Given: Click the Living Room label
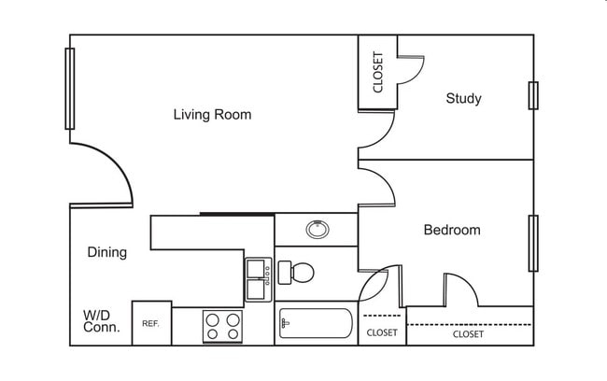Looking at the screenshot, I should (x=212, y=115).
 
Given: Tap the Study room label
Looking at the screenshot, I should (x=463, y=98).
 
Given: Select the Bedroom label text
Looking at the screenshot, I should (x=452, y=230).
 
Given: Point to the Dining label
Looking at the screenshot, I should (x=106, y=252).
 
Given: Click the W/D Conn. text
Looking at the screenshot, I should (x=101, y=321).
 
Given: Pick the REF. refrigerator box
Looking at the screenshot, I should (x=150, y=323).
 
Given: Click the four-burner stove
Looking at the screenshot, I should (x=223, y=326).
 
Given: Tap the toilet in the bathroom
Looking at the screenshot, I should (x=296, y=273).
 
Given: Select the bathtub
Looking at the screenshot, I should (x=315, y=326).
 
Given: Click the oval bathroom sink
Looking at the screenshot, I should (x=317, y=228).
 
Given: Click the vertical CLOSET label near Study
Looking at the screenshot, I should (x=378, y=72).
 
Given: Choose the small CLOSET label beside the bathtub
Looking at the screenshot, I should (x=381, y=332).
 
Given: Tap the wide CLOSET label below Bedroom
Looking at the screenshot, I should (x=468, y=333).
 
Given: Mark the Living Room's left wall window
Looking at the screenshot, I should (x=70, y=89).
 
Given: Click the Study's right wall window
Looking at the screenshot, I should (x=533, y=95).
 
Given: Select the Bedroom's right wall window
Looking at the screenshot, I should (x=533, y=243).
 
